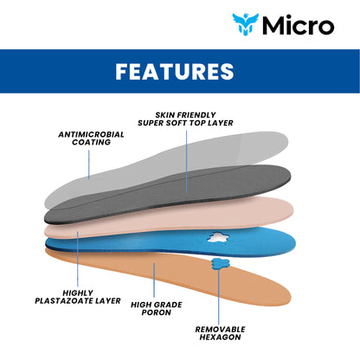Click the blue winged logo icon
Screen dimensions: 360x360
pos(246,24)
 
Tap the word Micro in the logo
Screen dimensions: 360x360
pos(299,25)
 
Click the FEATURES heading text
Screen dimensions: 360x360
pos(175,71)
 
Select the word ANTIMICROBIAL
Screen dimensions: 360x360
pos(91,134)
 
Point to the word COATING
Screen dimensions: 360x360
pos(91,142)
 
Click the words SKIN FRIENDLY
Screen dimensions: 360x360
pos(185,115)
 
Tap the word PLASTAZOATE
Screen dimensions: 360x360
pos(63,301)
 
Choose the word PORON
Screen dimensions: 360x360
pos(157,312)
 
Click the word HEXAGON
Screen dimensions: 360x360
pos(220,337)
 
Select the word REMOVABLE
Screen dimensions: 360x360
pos(220,330)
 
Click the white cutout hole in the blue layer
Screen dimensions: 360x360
pos(219,237)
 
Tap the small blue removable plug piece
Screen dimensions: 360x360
pos(220,264)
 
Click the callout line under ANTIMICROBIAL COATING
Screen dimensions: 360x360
pos(89,164)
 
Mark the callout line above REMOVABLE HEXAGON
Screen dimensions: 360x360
pos(218,297)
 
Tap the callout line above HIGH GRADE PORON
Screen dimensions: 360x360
pos(154,280)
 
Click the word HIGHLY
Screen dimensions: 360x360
pos(78,293)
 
